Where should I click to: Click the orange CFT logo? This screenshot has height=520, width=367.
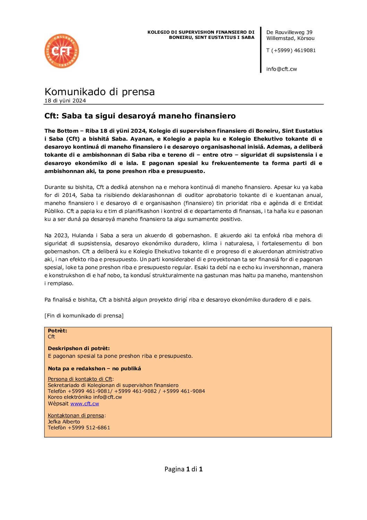coord(62,51)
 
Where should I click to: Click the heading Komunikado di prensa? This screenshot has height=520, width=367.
coord(100,92)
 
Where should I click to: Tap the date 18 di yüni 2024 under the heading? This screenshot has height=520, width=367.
coord(65,101)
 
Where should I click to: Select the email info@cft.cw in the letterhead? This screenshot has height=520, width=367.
coord(281,69)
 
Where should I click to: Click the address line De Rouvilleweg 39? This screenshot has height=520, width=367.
coord(289,32)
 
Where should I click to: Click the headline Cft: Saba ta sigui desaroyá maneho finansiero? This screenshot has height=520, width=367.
coord(140,116)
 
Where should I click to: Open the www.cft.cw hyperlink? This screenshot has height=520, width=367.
coord(85,404)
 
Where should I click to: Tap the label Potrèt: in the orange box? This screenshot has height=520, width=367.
coord(58,331)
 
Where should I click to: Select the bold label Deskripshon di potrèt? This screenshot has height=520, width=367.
coord(79,348)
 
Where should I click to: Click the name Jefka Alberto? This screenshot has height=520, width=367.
coord(64,422)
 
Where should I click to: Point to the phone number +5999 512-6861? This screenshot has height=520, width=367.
coord(89,428)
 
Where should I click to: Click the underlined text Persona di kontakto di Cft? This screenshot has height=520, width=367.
coord(80,379)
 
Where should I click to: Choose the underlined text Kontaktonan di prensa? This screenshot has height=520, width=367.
coord(76,415)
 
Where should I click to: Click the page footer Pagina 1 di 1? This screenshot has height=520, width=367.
coord(183,469)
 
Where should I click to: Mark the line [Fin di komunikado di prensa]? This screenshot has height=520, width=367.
coord(84,316)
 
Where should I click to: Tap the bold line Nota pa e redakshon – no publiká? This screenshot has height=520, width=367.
coord(94,369)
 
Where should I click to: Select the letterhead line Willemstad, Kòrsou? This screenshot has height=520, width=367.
coord(290,38)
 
